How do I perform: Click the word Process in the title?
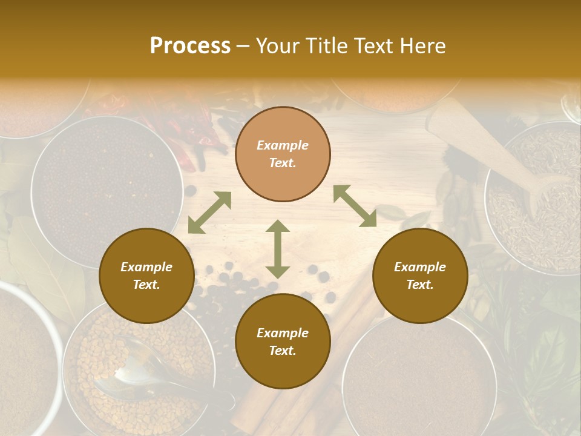[x=190, y=46]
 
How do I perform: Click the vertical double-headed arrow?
[x=278, y=249]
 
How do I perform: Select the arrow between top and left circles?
[x=209, y=213]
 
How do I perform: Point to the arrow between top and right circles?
[x=355, y=206]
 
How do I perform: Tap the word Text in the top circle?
[x=283, y=163]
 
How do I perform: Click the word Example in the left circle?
[x=146, y=267]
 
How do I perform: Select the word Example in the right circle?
[x=420, y=267]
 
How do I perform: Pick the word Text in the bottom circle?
[x=283, y=351]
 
